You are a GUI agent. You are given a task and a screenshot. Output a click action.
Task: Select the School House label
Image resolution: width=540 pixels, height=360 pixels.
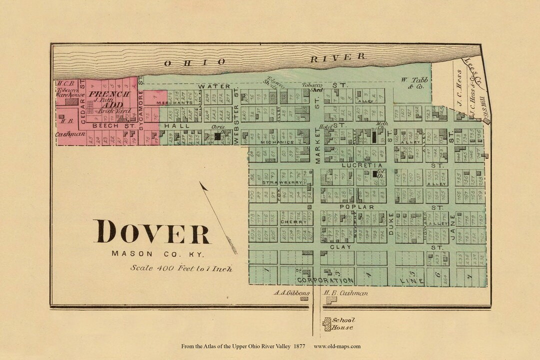point(343,323)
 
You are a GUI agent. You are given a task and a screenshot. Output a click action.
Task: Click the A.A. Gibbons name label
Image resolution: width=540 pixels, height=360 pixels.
point(292,293)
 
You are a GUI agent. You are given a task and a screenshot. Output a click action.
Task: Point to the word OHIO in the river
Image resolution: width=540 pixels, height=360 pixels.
point(194,62)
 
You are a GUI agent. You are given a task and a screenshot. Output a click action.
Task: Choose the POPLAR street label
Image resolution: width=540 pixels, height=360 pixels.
point(356,206)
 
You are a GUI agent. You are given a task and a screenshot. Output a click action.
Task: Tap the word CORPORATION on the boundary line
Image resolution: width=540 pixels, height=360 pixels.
point(326,280)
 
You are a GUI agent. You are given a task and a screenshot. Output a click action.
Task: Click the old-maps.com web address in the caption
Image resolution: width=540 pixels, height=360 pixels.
point(337,346)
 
